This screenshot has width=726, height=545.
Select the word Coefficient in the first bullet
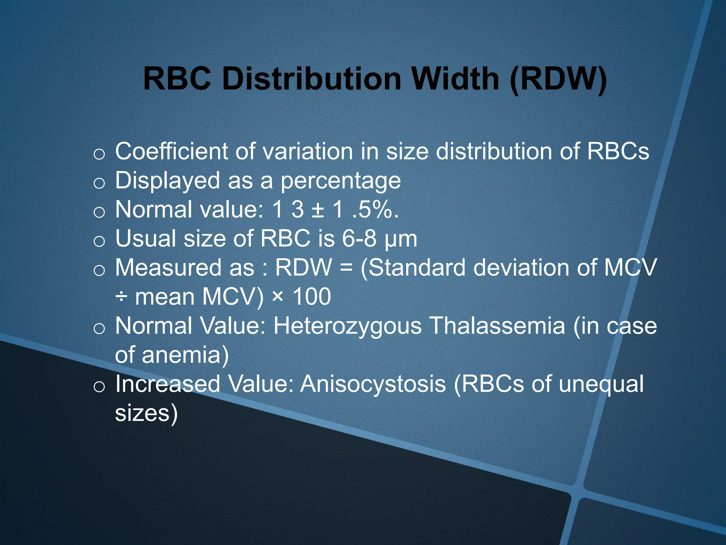coord(172,152)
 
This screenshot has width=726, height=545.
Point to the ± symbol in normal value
coord(318,210)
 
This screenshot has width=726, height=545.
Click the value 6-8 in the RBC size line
coord(359,238)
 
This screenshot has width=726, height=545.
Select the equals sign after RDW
coord(346,268)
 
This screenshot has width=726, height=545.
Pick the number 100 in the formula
coord(312,297)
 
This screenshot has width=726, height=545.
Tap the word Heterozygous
coord(347,326)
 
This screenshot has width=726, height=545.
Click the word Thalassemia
coord(497,326)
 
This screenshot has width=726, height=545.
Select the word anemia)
coord(185,355)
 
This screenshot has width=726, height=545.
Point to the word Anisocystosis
coord(373,385)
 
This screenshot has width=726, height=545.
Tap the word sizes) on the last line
coord(146,414)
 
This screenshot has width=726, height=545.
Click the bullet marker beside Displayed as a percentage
coord(99,183)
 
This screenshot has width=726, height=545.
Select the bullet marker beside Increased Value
coord(99,387)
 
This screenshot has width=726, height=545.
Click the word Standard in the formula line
coord(417,268)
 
